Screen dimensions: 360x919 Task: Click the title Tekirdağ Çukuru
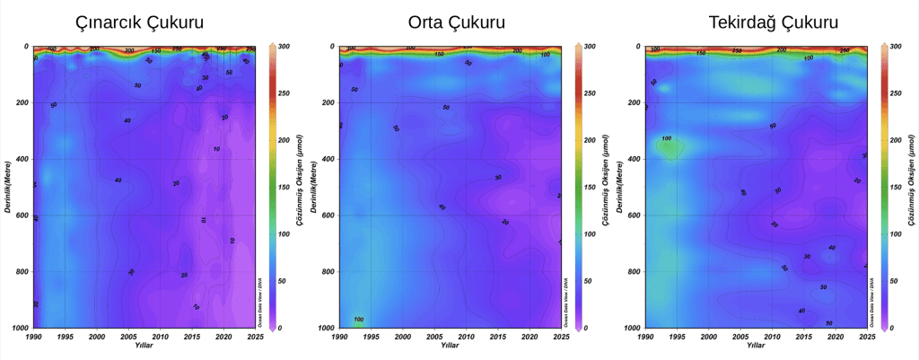761,21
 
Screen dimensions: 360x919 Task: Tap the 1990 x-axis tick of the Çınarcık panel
33,338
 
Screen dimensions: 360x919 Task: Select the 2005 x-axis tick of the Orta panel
433,338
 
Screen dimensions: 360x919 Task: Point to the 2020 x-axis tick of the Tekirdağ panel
835,338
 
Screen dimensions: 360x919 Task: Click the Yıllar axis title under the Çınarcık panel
144,347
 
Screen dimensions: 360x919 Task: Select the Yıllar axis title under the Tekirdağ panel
756,347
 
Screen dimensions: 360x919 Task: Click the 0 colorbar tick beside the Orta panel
588,329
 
